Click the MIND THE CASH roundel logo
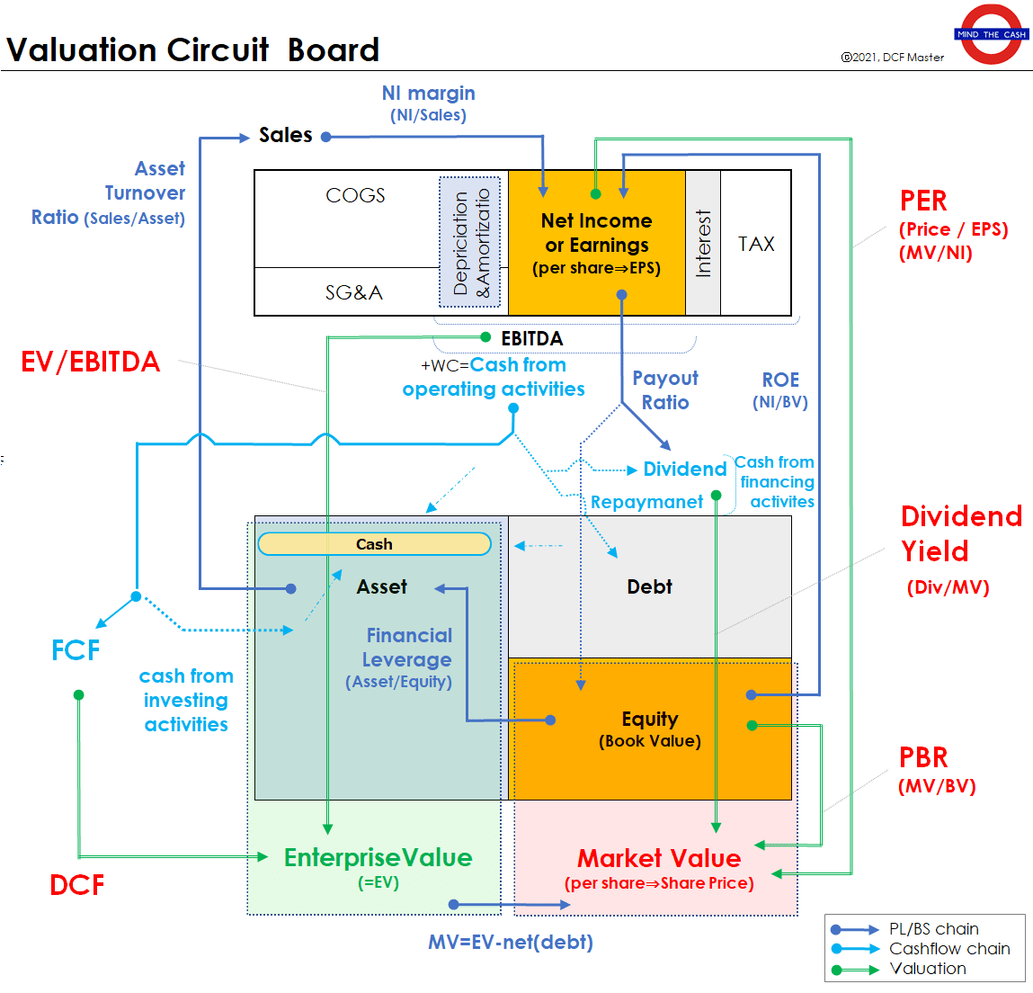click(991, 34)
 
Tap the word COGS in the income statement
click(355, 195)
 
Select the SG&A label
click(353, 292)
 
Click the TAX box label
click(756, 244)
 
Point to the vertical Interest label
click(703, 243)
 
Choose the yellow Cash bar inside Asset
click(374, 544)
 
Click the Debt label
click(649, 587)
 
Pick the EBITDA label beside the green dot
click(531, 338)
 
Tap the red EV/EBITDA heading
click(90, 362)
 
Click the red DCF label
click(77, 885)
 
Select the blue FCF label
click(76, 650)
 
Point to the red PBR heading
click(923, 757)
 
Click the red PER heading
click(923, 201)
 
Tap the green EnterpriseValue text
click(378, 858)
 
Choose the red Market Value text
click(659, 858)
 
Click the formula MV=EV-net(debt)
click(511, 942)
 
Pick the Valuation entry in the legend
click(928, 969)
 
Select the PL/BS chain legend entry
click(933, 929)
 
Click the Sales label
click(286, 135)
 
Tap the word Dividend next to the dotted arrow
click(685, 470)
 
